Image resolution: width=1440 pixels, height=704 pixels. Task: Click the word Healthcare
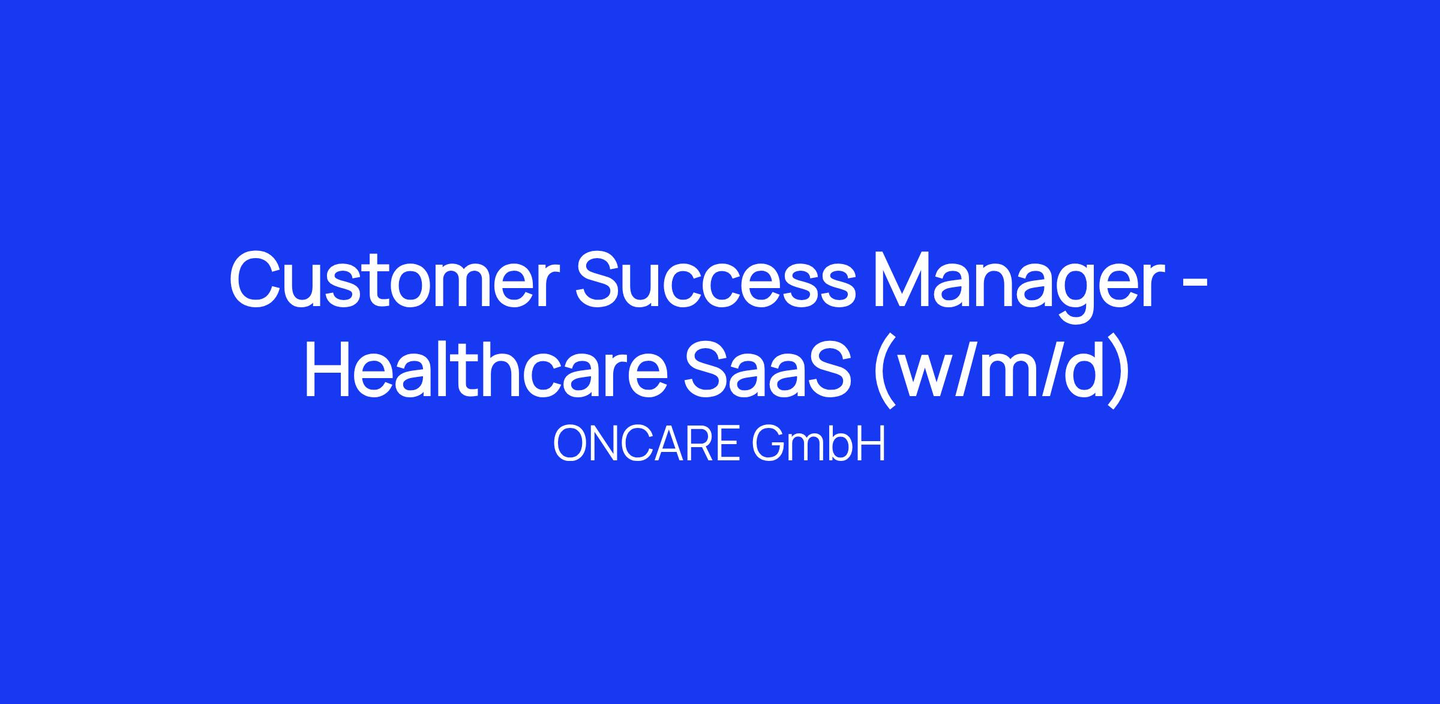point(487,367)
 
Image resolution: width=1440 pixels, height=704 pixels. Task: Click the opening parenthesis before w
point(886,372)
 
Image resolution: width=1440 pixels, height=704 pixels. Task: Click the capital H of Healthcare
point(329,367)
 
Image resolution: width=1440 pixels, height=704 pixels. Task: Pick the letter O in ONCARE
point(571,445)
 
